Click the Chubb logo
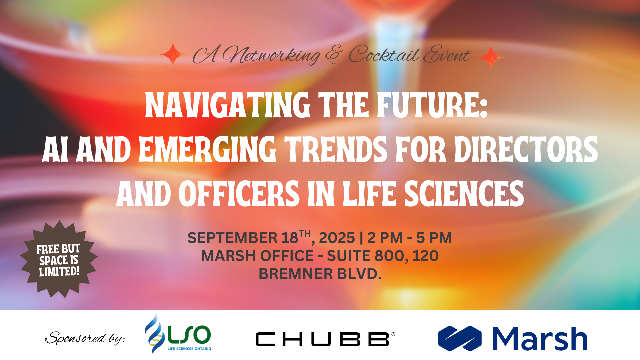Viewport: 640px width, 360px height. [325, 339]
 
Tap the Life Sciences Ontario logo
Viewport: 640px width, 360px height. [178, 333]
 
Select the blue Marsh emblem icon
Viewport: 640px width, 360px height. [460, 338]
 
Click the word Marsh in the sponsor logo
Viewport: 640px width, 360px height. [540, 338]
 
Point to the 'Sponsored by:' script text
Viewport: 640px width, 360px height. [85, 338]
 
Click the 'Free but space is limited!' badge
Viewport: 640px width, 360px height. [59, 259]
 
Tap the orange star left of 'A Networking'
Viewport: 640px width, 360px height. [173, 54]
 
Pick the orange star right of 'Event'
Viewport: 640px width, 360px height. [491, 57]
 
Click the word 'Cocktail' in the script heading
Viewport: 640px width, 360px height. [384, 54]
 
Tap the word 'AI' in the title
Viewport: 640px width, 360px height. [55, 149]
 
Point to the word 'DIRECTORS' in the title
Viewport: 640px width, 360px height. [526, 149]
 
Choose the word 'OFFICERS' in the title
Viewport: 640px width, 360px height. [239, 194]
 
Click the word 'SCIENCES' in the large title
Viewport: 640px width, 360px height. [464, 194]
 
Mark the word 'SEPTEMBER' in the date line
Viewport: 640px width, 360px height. [233, 238]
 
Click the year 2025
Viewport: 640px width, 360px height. [337, 238]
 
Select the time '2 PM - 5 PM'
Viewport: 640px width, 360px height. [410, 238]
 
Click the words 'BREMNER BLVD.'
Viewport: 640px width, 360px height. [320, 274]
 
